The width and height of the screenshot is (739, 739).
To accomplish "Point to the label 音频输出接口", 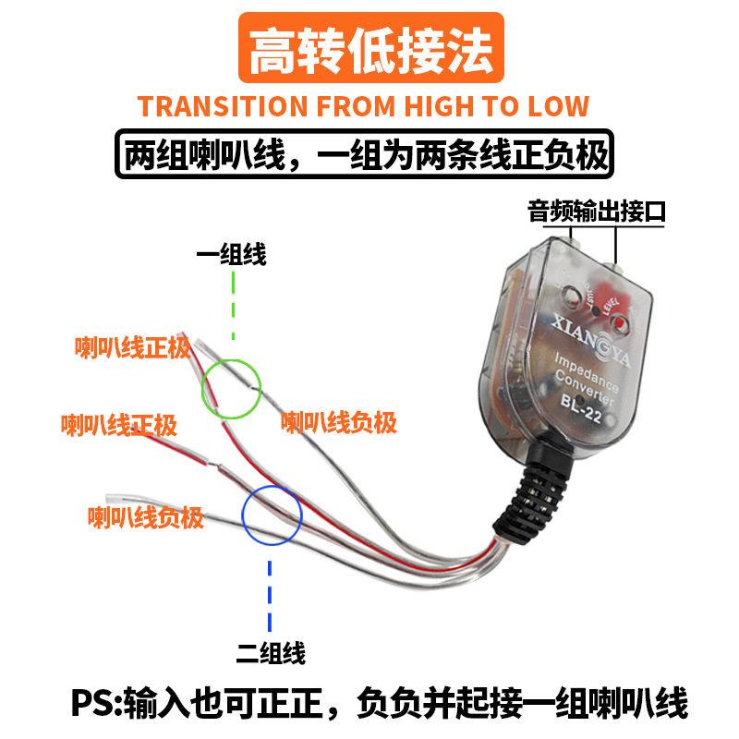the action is (x=597, y=211).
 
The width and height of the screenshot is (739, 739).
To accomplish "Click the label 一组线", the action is (x=231, y=255).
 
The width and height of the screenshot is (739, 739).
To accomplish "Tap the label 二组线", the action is (x=271, y=653).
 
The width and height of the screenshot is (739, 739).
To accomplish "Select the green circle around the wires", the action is (x=231, y=388).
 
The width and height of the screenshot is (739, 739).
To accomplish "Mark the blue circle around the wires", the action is (x=273, y=515).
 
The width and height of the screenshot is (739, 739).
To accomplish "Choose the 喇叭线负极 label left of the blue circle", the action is (x=145, y=517).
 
